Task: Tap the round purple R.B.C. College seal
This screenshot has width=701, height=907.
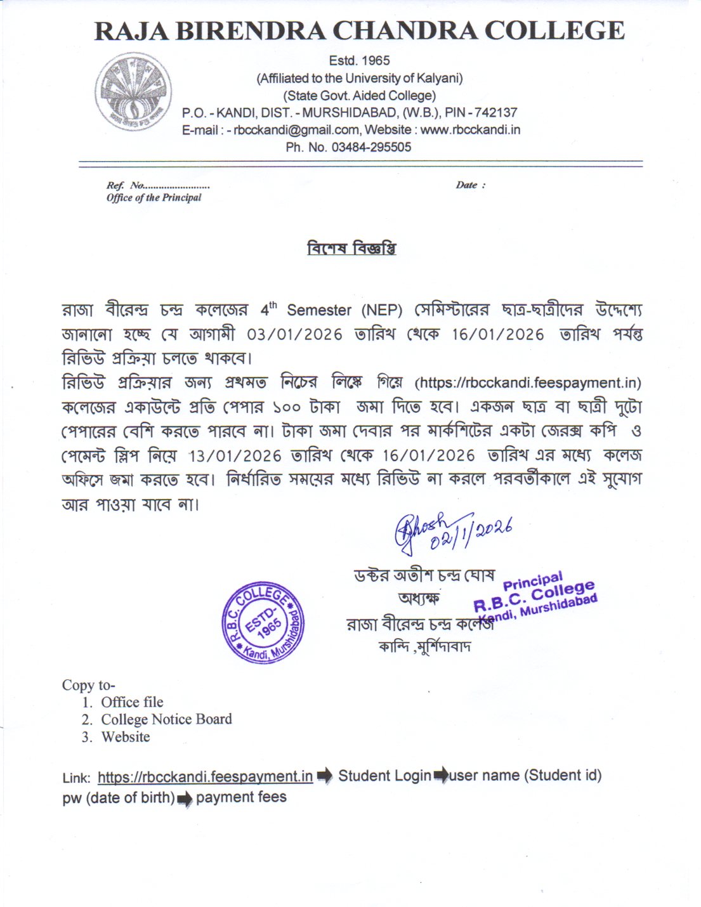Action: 263,624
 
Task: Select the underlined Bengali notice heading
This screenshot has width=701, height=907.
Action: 351,248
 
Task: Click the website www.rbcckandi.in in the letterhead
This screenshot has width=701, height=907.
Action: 470,130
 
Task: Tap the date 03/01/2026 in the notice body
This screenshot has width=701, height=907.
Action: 294,334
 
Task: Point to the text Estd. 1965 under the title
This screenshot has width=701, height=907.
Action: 359,61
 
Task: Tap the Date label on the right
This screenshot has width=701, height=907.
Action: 469,185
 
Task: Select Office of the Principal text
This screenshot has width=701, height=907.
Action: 154,198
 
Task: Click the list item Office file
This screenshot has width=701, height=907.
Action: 132,702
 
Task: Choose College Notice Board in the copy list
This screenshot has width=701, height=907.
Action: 166,719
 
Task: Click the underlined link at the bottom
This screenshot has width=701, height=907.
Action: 205,776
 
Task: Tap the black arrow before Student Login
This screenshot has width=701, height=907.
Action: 324,775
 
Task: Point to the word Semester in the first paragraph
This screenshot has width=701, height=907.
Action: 319,310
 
